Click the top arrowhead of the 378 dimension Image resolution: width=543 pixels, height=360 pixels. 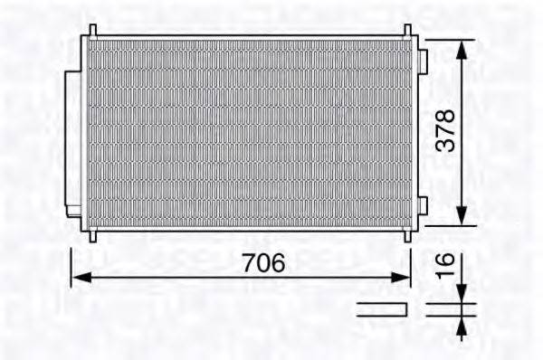coord(462,47)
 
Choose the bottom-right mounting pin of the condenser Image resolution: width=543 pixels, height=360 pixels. coord(407,235)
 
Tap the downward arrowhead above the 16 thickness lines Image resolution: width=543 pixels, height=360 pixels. coord(462,296)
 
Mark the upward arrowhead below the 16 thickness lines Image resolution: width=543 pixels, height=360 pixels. coord(462,323)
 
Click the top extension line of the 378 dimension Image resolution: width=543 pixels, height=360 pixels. coord(443,40)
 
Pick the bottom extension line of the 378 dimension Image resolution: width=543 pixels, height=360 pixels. coord(443,225)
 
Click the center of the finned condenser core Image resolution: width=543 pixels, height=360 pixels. coord(248,133)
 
